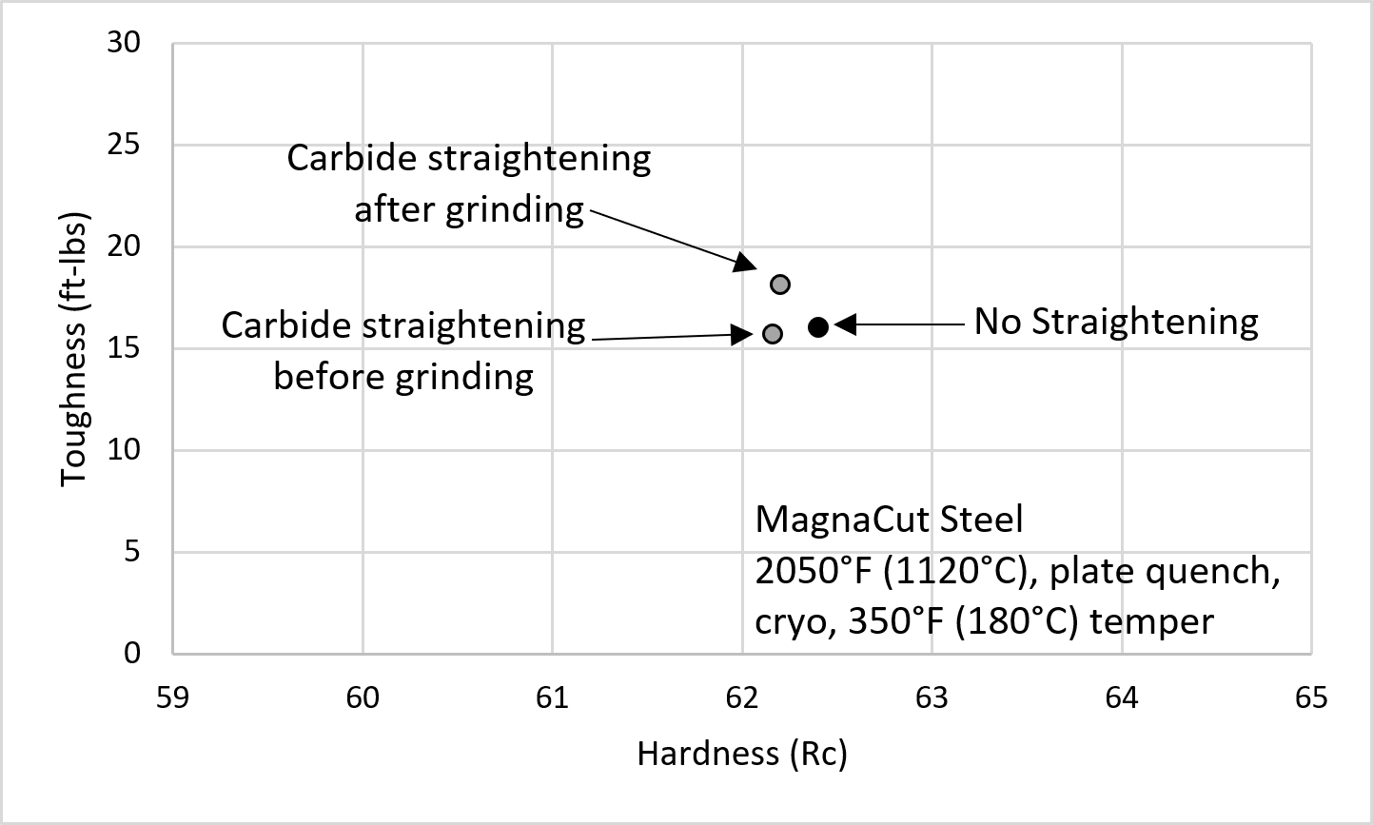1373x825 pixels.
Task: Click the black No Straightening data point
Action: tap(818, 326)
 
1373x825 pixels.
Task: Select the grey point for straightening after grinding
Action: tap(780, 284)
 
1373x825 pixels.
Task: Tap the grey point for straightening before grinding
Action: tap(773, 333)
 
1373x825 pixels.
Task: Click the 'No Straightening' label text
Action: tap(1115, 322)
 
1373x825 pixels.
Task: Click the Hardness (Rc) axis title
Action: tap(741, 755)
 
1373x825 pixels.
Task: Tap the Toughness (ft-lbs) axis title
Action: tap(73, 348)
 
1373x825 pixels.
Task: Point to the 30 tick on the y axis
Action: tap(128, 43)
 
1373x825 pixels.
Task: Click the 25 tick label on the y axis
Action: tap(128, 145)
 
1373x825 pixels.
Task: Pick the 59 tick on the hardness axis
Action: tap(172, 697)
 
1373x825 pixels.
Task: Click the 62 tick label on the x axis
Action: tap(741, 697)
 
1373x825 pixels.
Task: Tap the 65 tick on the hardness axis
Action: tap(1310, 697)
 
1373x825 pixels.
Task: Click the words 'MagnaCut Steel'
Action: tap(889, 520)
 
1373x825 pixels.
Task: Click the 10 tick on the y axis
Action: tap(128, 449)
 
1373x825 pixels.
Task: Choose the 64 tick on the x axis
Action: tap(1121, 697)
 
